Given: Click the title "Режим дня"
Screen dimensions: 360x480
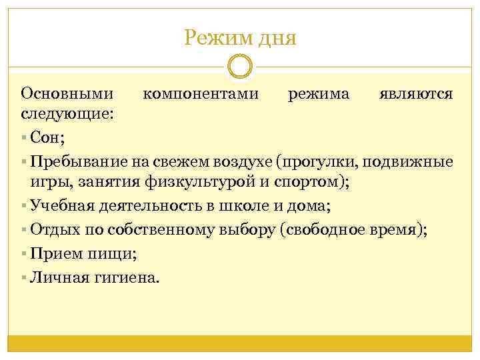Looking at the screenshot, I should pyautogui.click(x=240, y=37).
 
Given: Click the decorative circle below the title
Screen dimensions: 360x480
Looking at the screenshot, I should pyautogui.click(x=240, y=67).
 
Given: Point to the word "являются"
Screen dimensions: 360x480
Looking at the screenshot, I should pyautogui.click(x=416, y=93).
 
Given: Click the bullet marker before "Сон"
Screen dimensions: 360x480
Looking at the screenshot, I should pyautogui.click(x=24, y=139).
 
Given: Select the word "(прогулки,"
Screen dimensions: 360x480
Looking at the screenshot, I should pyautogui.click(x=318, y=162).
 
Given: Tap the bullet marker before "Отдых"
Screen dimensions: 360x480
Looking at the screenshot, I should pyautogui.click(x=24, y=230).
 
